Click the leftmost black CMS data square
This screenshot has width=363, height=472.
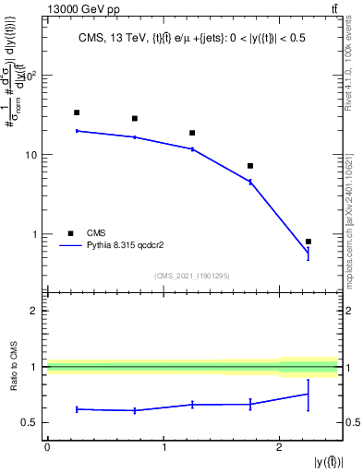coord(77,112)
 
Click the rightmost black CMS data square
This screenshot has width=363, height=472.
coord(308,242)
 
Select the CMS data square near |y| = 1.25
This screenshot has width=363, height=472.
coord(192,133)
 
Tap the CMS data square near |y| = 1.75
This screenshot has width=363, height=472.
coord(250,166)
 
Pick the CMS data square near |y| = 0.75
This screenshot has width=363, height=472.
coord(135,119)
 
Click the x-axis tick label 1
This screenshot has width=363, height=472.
coord(163,447)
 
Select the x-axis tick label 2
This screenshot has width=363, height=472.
coord(280,447)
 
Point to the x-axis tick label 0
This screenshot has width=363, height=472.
coord(47,447)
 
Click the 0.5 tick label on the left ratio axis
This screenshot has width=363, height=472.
coord(34,423)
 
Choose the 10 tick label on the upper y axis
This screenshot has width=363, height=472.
coord(34,155)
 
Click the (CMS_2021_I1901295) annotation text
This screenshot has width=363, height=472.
coord(191,275)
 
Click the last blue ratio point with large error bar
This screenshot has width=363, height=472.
coord(308,394)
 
